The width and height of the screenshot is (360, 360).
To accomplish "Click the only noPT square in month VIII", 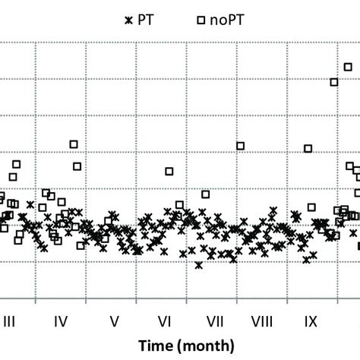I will coord(240,146).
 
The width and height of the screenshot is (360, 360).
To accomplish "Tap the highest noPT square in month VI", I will coord(169,171).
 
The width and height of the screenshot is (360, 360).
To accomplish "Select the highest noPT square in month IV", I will coord(74,144).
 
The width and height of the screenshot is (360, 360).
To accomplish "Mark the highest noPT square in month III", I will coord(17,164).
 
